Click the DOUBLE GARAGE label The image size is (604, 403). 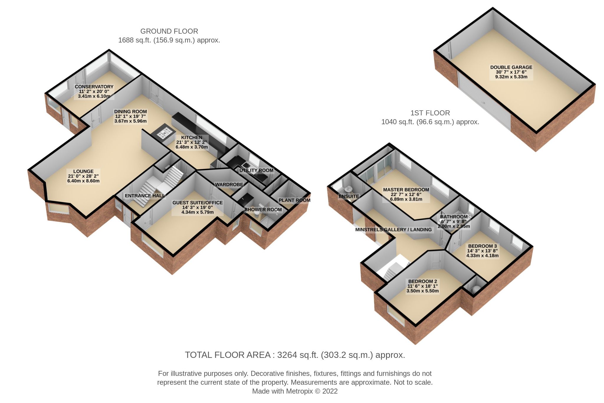pos(511,67)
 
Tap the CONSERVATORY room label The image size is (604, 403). pos(94,87)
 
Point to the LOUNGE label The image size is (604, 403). pos(83,171)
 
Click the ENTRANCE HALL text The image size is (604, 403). pos(145,196)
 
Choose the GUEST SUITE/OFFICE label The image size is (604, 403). pos(198,203)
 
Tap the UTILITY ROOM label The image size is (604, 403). pos(256,171)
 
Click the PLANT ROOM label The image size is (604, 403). pos(294,200)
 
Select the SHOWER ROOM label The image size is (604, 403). pos(263,210)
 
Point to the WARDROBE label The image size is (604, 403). pos(229,185)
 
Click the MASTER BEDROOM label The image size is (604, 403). pos(406,190)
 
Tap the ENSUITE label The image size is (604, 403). pos(349,196)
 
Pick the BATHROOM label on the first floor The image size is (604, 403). pos(454,217)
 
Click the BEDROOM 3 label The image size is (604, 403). pos(482,246)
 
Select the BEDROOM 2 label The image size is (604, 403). pos(423,281)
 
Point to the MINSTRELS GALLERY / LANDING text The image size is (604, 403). pos(393,230)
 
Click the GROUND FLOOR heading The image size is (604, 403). pos(169,31)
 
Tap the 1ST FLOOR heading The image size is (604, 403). pos(430,113)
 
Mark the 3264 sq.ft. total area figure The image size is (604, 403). pos(298,355)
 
